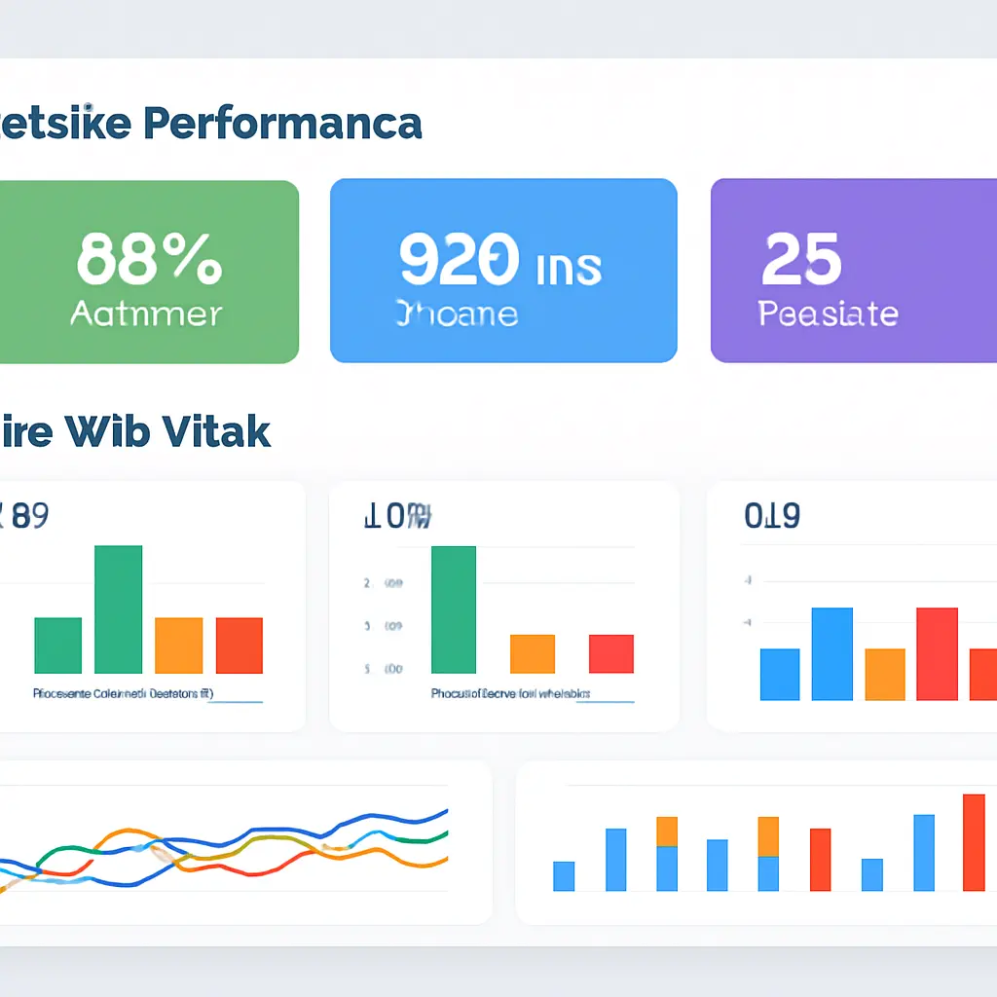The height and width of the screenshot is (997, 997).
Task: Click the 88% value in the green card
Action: (x=149, y=259)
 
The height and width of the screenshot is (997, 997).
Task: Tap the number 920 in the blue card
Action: (x=458, y=259)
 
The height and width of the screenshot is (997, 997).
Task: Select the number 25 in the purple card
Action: (x=801, y=259)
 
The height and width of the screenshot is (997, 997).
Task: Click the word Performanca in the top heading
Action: (x=281, y=124)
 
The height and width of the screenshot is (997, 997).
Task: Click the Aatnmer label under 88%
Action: (x=147, y=314)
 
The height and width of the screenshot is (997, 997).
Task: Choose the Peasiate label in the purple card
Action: (x=828, y=314)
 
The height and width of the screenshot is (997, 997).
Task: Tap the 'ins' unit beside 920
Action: (x=569, y=265)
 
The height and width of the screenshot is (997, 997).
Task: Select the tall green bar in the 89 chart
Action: (x=118, y=609)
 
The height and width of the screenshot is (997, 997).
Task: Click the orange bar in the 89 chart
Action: (x=178, y=645)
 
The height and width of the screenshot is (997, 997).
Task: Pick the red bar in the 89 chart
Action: (x=239, y=645)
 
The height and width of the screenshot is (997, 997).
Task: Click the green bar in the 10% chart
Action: (x=454, y=609)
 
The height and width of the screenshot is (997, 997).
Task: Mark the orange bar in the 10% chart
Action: (x=533, y=653)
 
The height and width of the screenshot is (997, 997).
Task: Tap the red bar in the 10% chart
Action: (x=611, y=653)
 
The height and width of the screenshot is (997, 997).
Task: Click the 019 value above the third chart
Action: (x=771, y=516)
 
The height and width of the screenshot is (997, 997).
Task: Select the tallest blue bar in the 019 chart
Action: (x=831, y=653)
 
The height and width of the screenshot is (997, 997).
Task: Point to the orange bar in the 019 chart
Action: (x=884, y=674)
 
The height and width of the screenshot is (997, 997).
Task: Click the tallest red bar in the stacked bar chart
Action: (x=974, y=842)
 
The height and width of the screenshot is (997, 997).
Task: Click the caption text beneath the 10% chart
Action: (x=511, y=694)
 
